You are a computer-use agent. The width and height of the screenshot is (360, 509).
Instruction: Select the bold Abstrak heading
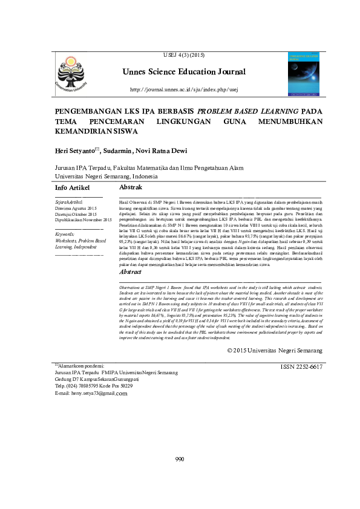tap(131, 188)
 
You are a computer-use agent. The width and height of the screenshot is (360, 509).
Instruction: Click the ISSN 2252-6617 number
tap(301, 367)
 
